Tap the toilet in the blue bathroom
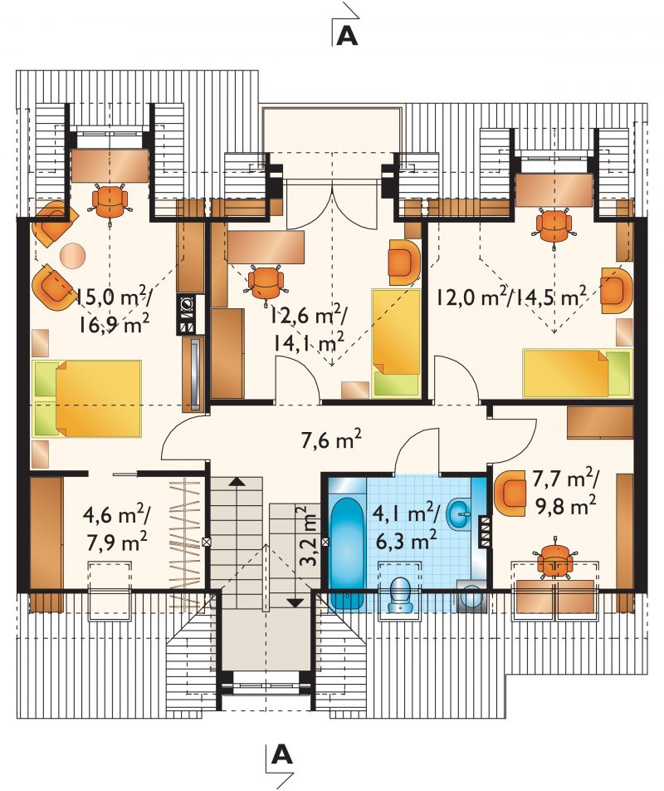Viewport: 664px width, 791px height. [x=401, y=595]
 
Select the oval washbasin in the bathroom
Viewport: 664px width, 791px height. [x=458, y=514]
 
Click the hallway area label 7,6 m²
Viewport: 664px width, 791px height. [x=331, y=440]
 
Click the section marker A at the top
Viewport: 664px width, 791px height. [x=347, y=36]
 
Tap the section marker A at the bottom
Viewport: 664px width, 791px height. [x=281, y=754]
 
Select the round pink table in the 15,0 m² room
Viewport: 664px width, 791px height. [x=73, y=256]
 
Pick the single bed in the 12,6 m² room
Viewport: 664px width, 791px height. [x=396, y=342]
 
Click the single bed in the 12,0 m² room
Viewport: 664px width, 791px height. [x=577, y=373]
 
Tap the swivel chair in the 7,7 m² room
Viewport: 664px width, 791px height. [x=554, y=562]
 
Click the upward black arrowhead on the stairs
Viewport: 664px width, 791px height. [x=237, y=481]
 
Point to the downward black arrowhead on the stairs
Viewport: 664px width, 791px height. [x=295, y=602]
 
